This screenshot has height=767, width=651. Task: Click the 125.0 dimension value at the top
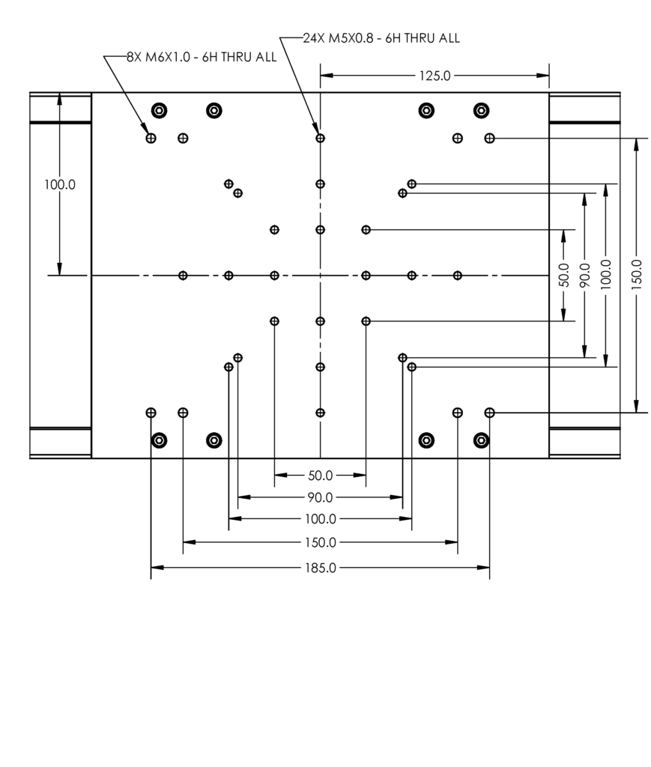434,76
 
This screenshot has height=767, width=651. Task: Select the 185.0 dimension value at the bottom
321,568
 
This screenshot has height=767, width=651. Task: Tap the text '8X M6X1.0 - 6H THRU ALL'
202,57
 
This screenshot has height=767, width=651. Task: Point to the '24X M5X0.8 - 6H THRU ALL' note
381,38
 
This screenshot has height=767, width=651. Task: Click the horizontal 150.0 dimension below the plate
321,542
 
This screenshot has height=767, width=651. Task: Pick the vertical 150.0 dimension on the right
636,275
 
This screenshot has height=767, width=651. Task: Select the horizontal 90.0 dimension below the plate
321,497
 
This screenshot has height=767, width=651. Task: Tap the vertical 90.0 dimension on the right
585,275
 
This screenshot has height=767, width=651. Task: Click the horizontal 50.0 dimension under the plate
321,476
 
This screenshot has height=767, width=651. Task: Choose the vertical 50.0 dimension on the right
564,275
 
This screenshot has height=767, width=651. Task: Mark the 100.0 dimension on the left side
60,184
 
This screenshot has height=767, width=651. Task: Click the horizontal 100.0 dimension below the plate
321,519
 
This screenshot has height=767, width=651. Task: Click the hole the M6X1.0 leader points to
151,139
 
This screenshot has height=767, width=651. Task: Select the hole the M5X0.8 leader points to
321,139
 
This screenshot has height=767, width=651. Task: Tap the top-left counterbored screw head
159,111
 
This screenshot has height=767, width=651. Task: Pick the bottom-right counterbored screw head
482,440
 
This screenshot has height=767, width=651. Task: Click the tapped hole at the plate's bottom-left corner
151,413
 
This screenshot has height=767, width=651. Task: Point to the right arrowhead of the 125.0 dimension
543,76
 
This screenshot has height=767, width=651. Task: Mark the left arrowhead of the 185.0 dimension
157,568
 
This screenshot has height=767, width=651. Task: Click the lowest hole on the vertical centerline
321,413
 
